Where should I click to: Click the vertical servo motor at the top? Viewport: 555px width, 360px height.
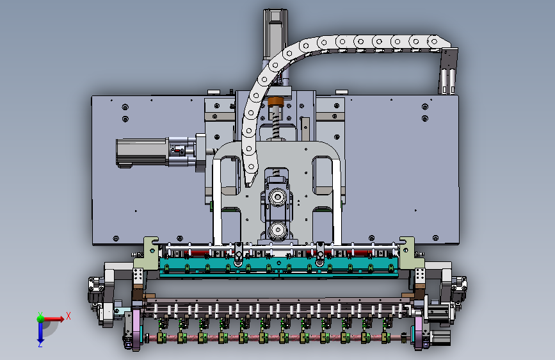click(x=275, y=34)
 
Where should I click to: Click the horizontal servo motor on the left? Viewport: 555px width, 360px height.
click(x=141, y=152)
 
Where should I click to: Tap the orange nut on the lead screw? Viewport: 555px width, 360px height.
click(x=276, y=102)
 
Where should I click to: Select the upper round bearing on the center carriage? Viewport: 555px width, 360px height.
click(x=278, y=197)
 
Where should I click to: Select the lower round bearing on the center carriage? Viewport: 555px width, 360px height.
click(x=278, y=231)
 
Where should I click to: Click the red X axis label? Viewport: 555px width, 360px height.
click(x=68, y=316)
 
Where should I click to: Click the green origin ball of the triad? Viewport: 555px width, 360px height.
click(x=40, y=318)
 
